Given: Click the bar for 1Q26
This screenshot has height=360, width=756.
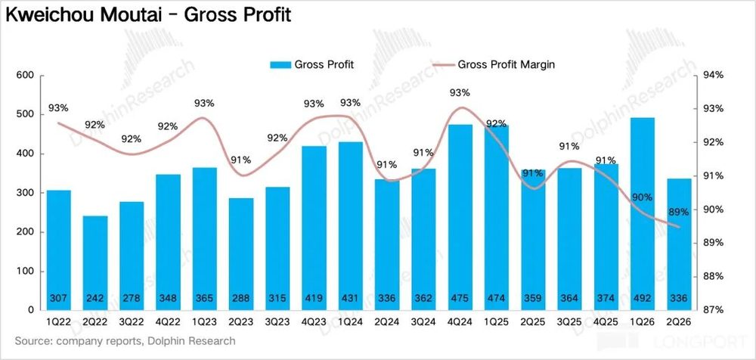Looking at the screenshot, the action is (643, 214).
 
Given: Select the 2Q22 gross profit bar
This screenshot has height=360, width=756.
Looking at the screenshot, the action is (95, 263).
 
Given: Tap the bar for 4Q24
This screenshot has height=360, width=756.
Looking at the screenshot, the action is (460, 217).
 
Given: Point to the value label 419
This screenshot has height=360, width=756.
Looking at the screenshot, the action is (314, 298).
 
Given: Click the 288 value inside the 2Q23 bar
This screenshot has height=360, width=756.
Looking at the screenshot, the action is (241, 298).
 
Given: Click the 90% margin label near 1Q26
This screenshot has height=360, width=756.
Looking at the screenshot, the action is (643, 197).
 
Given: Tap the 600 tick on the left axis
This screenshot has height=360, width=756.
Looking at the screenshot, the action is (26, 76).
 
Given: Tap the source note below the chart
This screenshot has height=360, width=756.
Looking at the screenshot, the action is (125, 341).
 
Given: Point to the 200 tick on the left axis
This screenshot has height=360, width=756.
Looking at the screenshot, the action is (26, 232).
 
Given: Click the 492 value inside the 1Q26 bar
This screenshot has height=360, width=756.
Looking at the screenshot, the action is (643, 298).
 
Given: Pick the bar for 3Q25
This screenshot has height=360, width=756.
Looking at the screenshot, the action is (570, 239).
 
